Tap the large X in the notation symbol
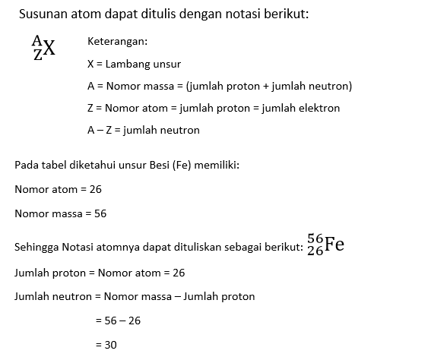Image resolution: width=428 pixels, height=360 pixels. click(x=49, y=49)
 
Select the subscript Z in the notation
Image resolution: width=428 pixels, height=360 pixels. click(x=36, y=55)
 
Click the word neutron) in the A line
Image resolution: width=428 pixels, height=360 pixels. click(x=328, y=86)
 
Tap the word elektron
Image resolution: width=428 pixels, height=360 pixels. click(x=319, y=108)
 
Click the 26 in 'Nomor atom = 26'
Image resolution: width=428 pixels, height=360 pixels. click(x=95, y=189)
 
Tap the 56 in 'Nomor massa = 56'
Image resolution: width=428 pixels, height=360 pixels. click(x=100, y=213)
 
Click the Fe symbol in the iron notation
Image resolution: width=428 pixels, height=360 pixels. click(x=334, y=245)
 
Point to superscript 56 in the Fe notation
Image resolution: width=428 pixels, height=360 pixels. click(x=315, y=239)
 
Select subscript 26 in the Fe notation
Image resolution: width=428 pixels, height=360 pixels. click(x=315, y=251)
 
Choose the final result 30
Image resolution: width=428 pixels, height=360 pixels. click(x=111, y=345)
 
